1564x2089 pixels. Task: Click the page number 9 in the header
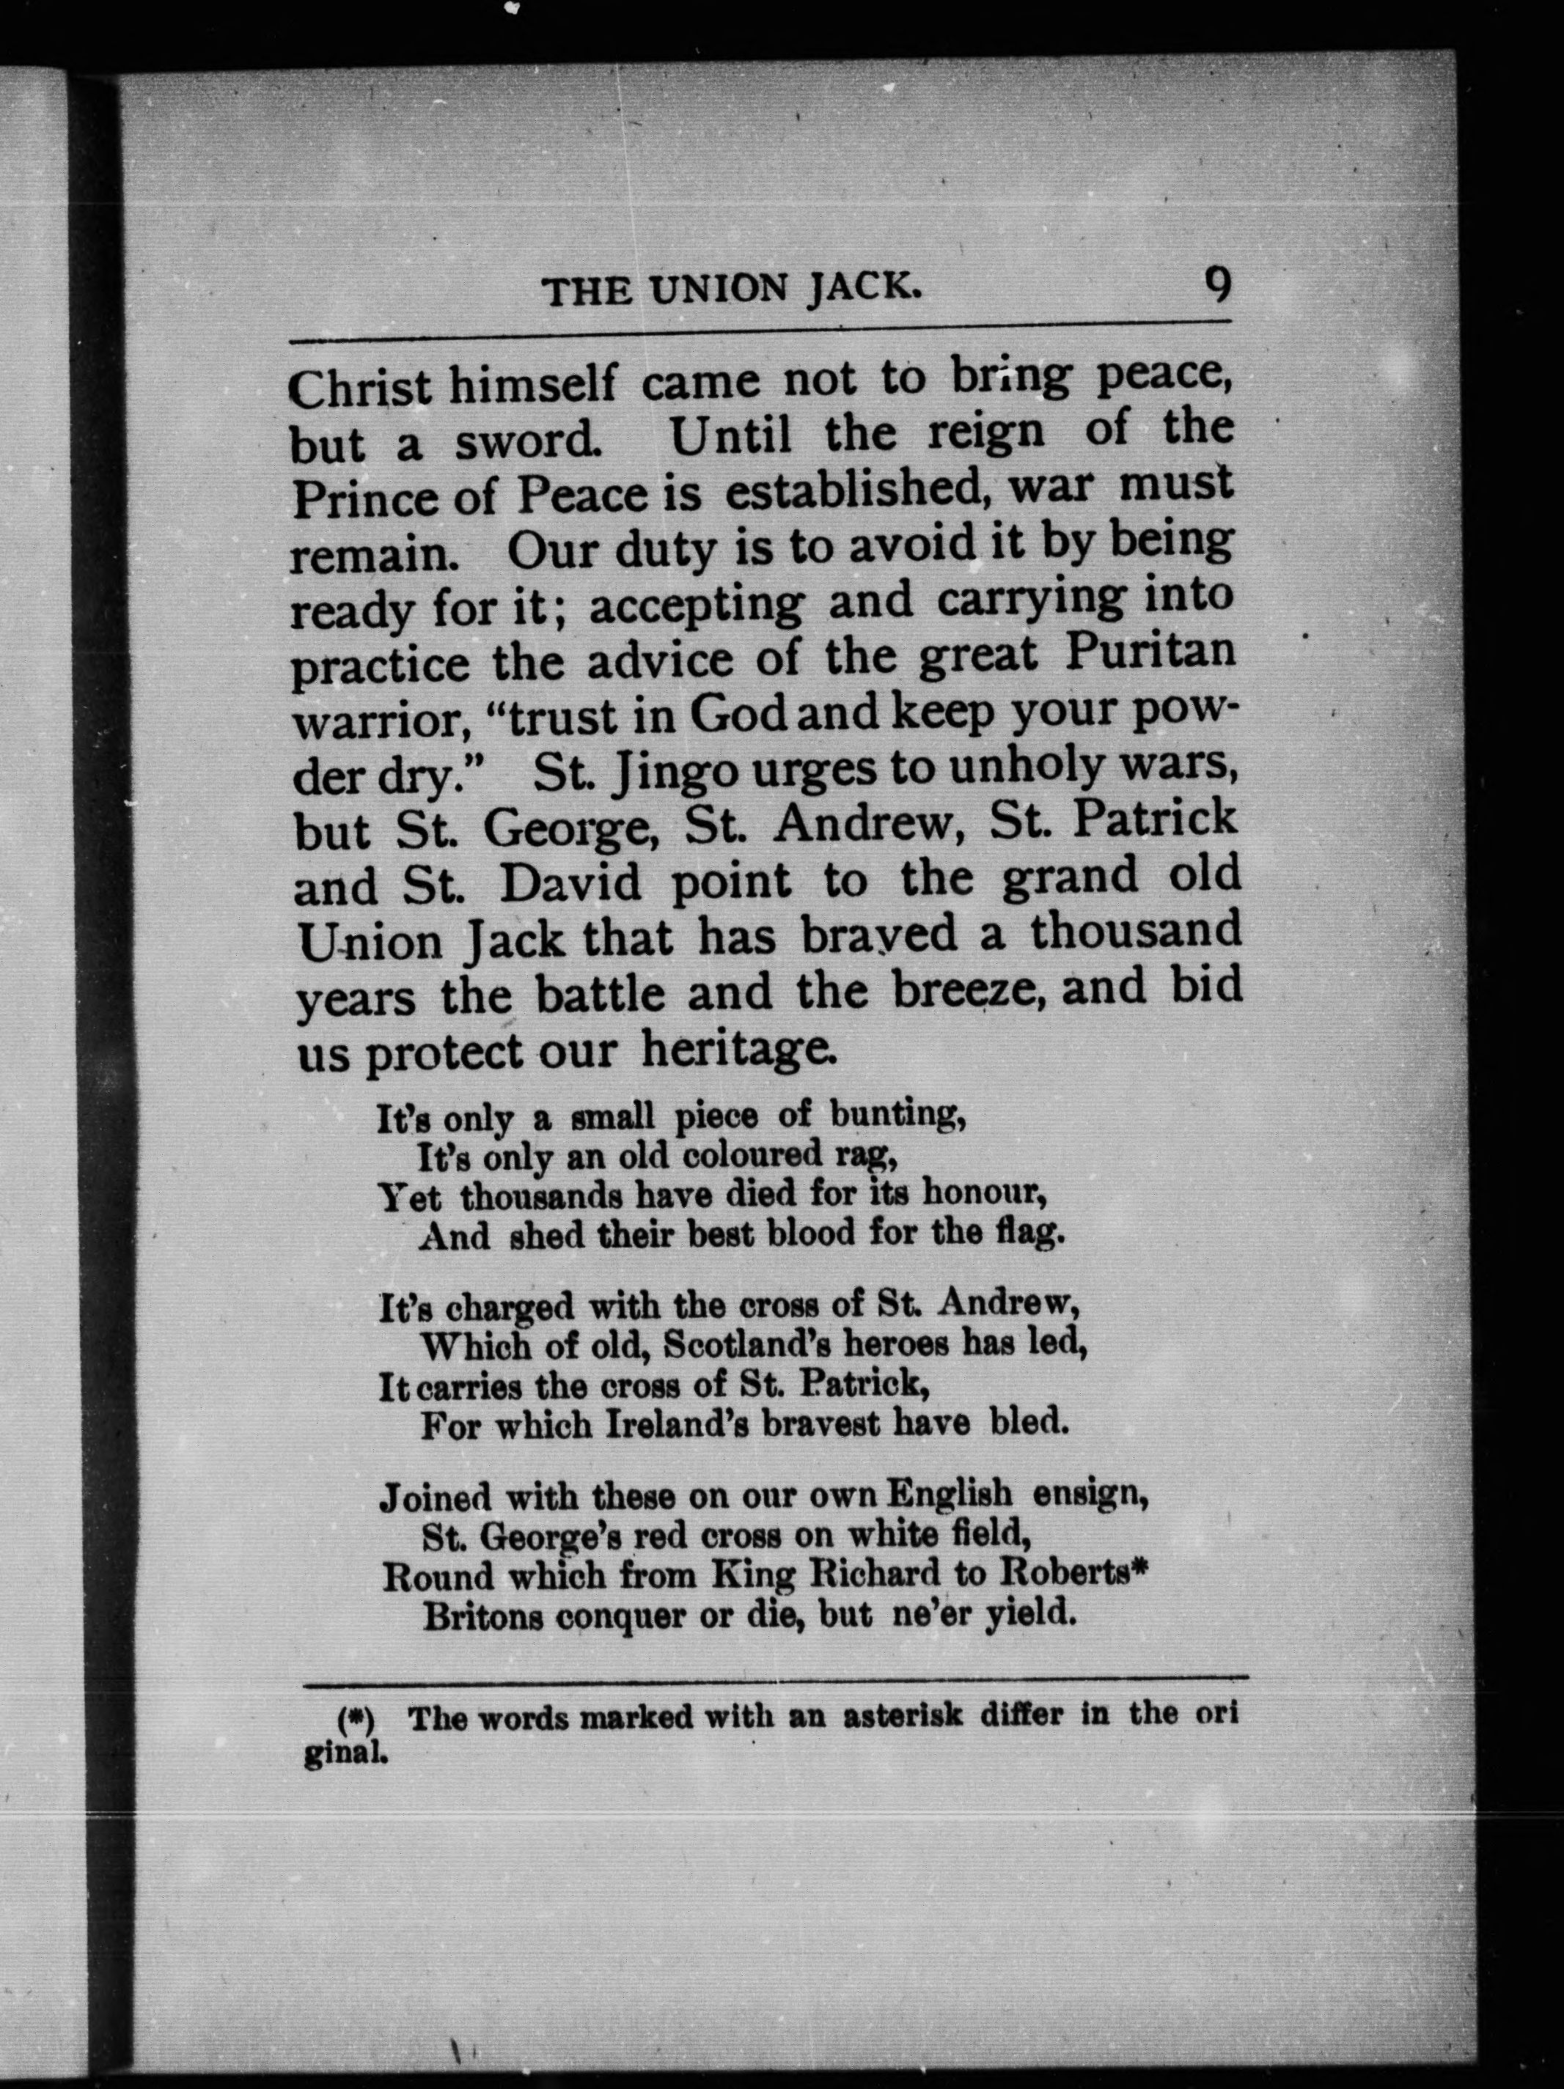[x=1216, y=284]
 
